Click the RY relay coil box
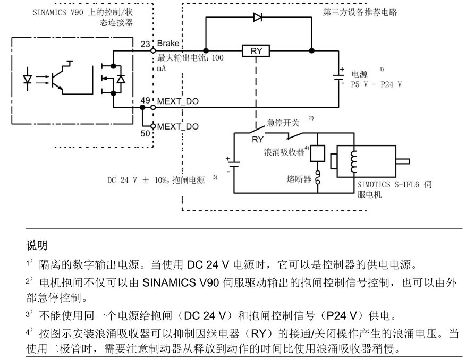click(256, 51)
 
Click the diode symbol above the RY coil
click(258, 17)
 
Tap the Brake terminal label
click(168, 44)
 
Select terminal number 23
click(145, 44)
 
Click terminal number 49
click(145, 100)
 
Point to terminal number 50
click(145, 133)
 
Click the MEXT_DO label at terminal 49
click(178, 100)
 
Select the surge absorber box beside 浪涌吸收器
click(317, 152)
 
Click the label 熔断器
click(300, 179)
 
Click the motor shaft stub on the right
click(405, 160)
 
